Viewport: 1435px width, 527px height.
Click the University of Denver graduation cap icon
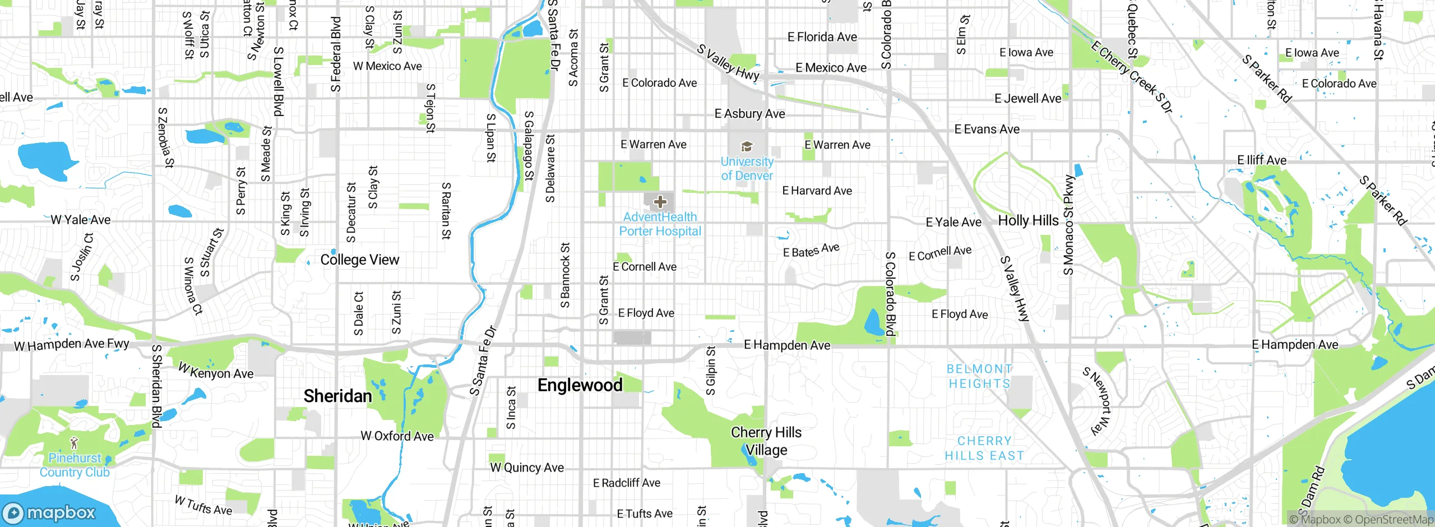[747, 147]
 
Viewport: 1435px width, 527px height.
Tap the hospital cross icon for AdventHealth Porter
[660, 202]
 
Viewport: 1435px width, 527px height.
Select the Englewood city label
[580, 385]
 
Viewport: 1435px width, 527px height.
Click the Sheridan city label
[337, 396]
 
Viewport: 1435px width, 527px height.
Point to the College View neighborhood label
[359, 260]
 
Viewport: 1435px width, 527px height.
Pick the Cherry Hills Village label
[766, 441]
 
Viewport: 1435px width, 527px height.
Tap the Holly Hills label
[1028, 221]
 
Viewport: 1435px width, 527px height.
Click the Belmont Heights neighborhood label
[979, 376]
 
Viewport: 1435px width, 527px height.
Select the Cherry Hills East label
[984, 449]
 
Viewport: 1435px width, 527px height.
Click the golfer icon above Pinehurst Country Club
[74, 444]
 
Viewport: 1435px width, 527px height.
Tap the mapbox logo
[49, 513]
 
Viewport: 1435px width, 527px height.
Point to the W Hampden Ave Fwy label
[71, 345]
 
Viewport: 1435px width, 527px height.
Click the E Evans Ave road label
[987, 130]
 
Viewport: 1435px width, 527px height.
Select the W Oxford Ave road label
[397, 436]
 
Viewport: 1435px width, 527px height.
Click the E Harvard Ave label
[817, 191]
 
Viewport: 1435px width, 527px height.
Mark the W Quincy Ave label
[526, 468]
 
